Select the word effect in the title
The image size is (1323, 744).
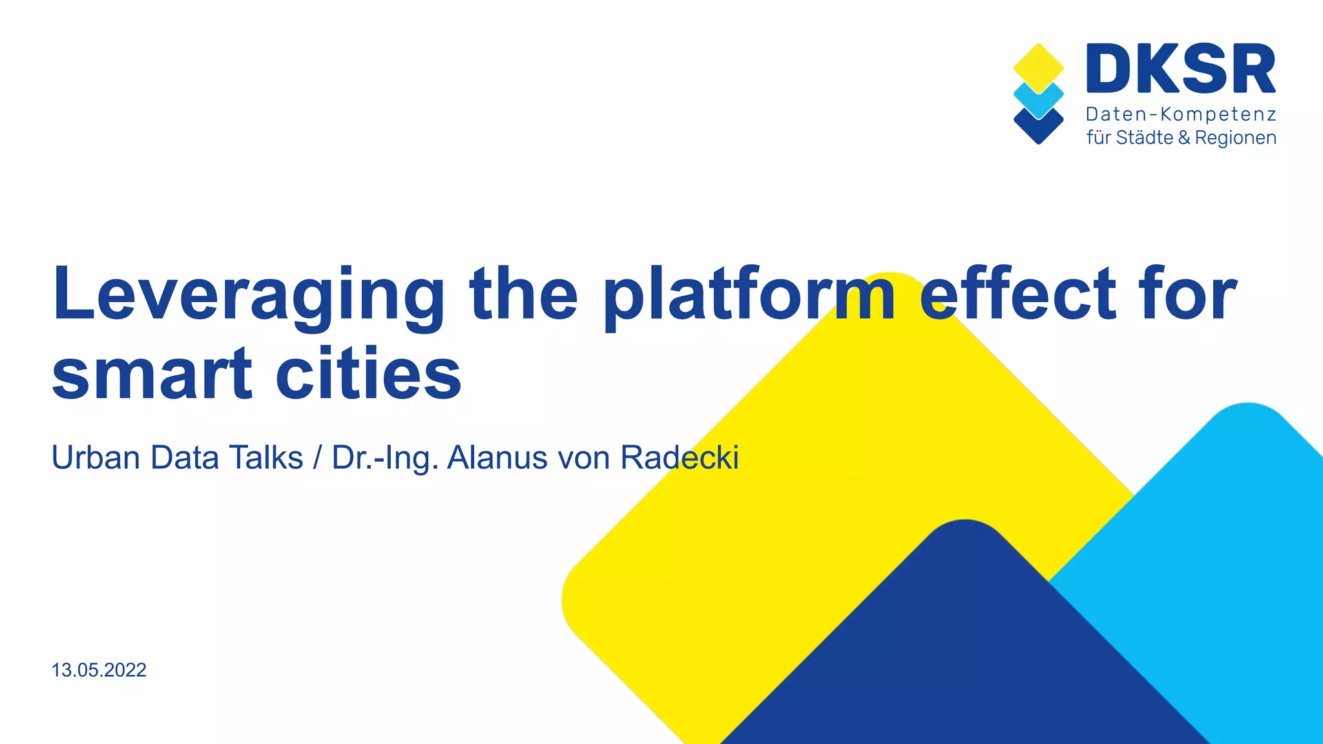click(1018, 294)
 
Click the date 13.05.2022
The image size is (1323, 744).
click(99, 670)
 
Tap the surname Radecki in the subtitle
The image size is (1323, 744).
click(679, 458)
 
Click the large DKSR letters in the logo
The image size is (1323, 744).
click(1181, 70)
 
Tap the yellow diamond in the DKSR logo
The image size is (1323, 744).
click(1038, 66)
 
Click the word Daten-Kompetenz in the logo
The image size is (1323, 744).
click(1181, 115)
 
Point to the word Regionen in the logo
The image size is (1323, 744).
click(1235, 138)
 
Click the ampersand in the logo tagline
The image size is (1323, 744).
click(1183, 138)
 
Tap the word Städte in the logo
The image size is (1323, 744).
click(1144, 138)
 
